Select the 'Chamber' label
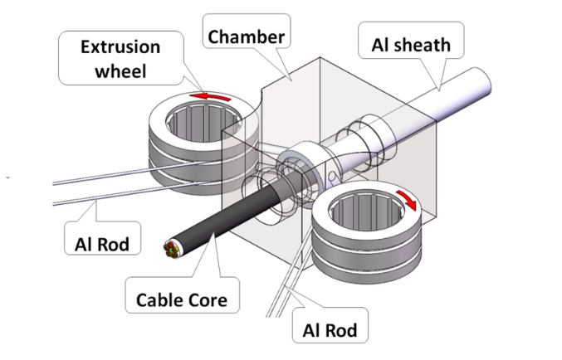click(246, 36)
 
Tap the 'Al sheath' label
click(407, 43)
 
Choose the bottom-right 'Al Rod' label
click(330, 331)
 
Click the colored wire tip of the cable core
click(173, 248)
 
